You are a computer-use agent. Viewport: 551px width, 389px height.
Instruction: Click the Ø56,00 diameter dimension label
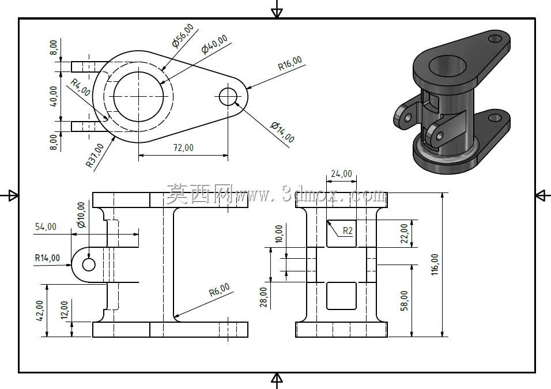[x=183, y=35]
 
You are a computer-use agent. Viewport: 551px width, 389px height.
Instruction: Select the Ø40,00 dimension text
[x=214, y=44]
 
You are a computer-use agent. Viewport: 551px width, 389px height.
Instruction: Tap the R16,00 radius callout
[x=290, y=63]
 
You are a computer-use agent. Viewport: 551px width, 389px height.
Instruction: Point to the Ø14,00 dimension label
[x=282, y=132]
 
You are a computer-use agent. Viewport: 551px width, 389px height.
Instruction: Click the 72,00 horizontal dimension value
[x=183, y=148]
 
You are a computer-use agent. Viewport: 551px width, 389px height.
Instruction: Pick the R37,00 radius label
[x=95, y=156]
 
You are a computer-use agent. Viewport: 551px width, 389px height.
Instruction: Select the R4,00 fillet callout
[x=81, y=87]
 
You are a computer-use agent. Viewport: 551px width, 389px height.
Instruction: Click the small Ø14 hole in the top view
[x=228, y=97]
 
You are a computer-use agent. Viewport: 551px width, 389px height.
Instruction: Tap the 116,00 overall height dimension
[x=435, y=265]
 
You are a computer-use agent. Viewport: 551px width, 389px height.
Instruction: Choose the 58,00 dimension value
[x=405, y=300]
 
